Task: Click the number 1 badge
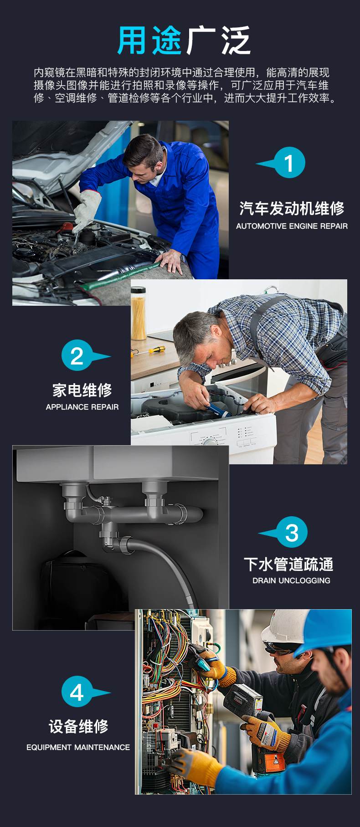(x=289, y=163)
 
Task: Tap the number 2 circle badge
(x=77, y=355)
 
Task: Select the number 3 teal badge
(x=292, y=532)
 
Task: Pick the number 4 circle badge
(x=77, y=692)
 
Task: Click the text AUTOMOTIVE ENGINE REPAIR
(x=292, y=226)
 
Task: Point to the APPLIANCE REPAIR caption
(x=82, y=407)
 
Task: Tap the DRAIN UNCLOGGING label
(x=291, y=580)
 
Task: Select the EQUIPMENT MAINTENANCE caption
(x=78, y=747)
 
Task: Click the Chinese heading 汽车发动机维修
(x=292, y=208)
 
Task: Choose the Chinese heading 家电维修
(x=82, y=390)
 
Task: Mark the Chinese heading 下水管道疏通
(x=288, y=564)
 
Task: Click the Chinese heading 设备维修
(x=78, y=726)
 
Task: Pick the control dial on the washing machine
(x=210, y=441)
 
